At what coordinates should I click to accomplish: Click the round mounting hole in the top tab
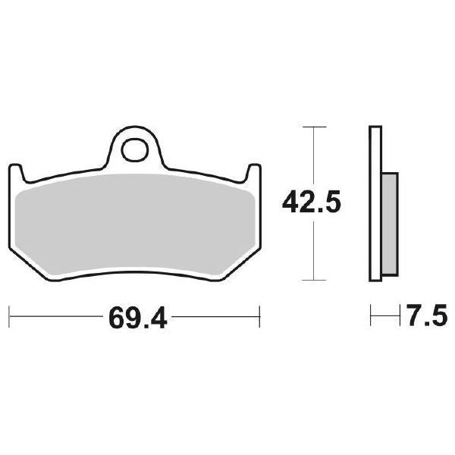(136, 147)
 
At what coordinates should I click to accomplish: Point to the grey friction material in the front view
(136, 220)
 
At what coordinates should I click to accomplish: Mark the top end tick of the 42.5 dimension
(313, 125)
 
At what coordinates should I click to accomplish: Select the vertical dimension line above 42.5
(313, 155)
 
